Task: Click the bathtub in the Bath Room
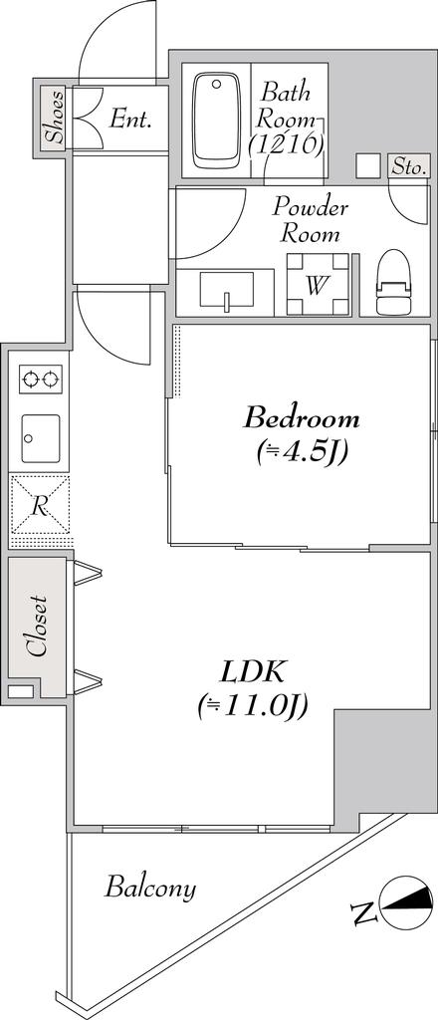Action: tap(214, 120)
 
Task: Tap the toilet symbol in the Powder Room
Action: tap(394, 283)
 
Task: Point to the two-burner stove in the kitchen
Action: tap(40, 380)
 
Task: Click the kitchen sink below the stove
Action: tap(40, 438)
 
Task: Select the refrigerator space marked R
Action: tap(40, 507)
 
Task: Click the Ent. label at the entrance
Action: tap(130, 120)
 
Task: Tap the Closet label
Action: tap(38, 628)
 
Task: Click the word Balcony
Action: tap(150, 888)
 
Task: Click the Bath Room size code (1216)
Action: tap(286, 145)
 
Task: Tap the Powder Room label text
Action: tap(311, 221)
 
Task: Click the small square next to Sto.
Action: tap(369, 166)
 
